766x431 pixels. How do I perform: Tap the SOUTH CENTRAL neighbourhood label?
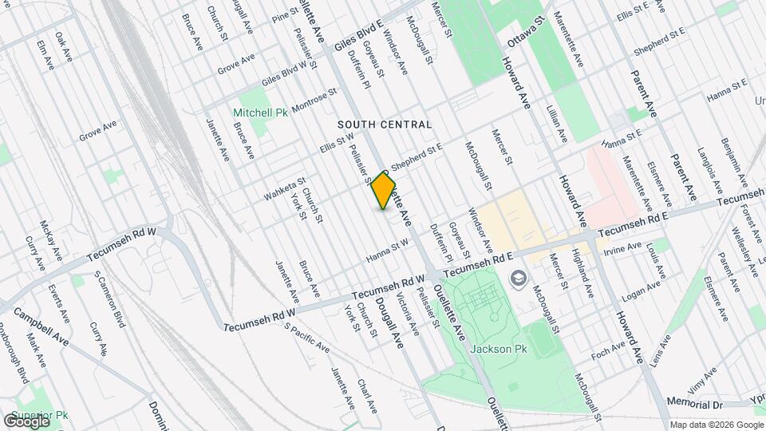384,125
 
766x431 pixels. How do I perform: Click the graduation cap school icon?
518,278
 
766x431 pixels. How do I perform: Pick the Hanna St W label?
387,249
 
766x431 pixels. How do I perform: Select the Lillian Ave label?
559,123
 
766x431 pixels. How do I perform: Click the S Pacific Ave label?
306,339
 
